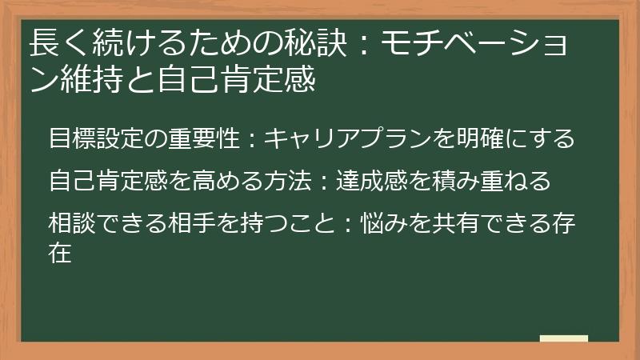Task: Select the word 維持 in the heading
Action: [87, 81]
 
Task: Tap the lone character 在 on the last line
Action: [60, 254]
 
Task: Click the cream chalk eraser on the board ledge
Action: [563, 338]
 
